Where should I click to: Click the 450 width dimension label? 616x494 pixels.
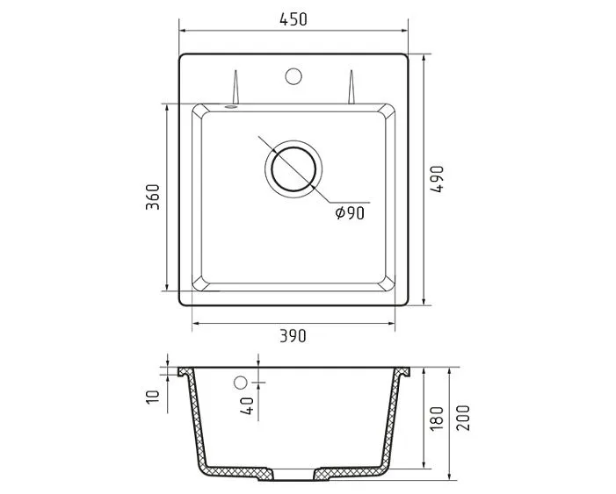294,19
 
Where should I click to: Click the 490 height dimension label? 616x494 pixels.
437,179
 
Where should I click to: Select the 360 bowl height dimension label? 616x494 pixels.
153,197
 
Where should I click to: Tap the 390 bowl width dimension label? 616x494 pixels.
293,336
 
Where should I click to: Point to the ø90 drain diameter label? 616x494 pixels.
350,212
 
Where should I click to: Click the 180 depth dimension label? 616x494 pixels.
437,418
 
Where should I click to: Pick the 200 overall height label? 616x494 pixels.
463,418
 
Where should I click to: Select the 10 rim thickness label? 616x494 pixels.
153,397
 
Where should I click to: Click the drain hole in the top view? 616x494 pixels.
294,169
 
